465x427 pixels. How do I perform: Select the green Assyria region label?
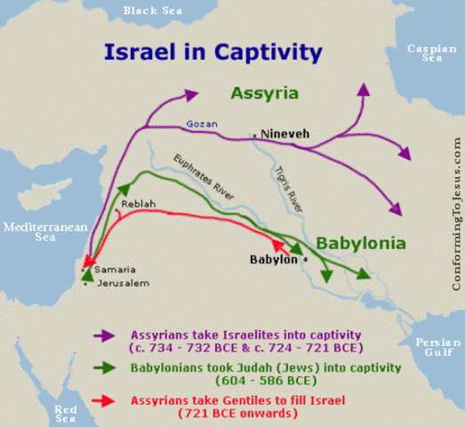point(264,93)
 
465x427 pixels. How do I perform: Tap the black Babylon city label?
point(273,261)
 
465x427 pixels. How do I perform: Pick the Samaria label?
point(110,269)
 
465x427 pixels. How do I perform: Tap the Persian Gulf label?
point(435,346)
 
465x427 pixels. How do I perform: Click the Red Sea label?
point(65,412)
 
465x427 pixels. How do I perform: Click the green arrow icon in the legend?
point(104,367)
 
